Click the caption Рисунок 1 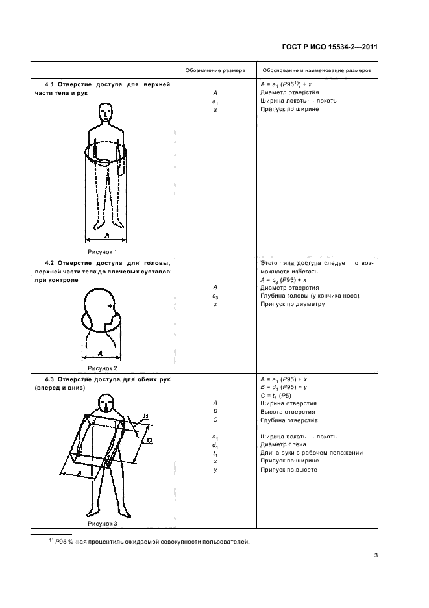[x=102, y=251]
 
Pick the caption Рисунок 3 [x=102, y=522]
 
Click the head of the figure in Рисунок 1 [x=105, y=115]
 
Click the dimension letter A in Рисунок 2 [x=101, y=353]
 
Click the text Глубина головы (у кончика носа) [x=310, y=296]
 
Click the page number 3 [x=376, y=555]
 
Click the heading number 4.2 [x=49, y=263]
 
